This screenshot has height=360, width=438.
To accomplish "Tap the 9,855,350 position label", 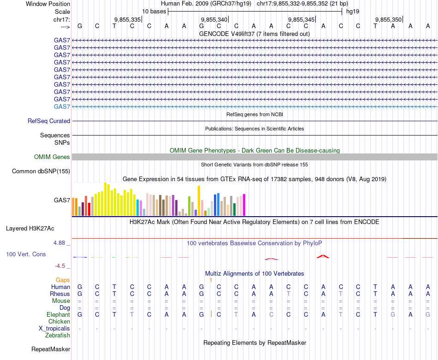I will [x=388, y=19].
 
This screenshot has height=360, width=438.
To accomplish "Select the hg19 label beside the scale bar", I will [x=353, y=11].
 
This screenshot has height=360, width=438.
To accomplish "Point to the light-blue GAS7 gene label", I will [x=62, y=106].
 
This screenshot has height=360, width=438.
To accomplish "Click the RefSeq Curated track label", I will [x=49, y=121].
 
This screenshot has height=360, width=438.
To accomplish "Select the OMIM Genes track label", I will [x=52, y=157].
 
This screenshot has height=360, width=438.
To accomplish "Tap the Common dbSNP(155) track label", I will [x=41, y=171].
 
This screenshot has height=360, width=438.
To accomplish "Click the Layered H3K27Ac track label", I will [x=30, y=228].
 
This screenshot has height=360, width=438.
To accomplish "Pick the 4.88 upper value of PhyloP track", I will [x=60, y=242].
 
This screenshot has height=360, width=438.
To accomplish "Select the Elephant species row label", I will [x=58, y=314].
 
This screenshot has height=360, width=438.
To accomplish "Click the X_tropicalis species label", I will [x=54, y=328].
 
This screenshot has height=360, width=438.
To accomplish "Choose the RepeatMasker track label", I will [x=51, y=349].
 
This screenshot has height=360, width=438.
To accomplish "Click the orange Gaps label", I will [x=63, y=280].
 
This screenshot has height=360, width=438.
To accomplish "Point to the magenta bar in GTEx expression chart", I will [x=244, y=205].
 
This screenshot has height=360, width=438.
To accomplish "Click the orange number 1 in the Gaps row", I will [x=211, y=280].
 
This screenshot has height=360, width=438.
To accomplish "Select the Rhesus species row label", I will [x=60, y=294].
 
